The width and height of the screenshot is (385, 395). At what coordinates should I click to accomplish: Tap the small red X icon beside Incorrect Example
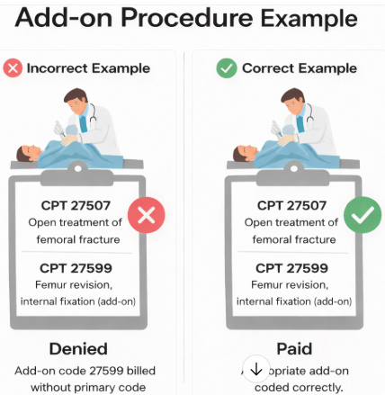point(13,68)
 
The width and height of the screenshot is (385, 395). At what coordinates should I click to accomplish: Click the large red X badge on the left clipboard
point(147,217)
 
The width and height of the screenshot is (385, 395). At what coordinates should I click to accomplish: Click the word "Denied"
point(77,348)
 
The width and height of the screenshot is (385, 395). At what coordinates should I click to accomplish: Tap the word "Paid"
point(293,348)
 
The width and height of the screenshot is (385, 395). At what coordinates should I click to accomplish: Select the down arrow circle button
point(255,369)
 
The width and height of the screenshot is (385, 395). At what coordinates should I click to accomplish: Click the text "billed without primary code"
point(77,378)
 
